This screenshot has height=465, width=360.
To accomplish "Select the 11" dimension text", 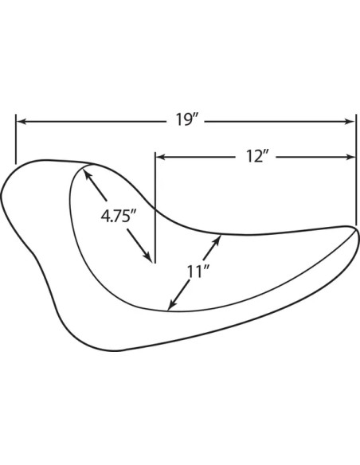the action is tap(198, 271).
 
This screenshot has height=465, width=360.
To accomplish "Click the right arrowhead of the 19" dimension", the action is tap(350, 121).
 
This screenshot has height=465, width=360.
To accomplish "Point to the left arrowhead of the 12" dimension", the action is tap(161, 157).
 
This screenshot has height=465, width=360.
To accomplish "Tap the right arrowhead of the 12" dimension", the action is tap(350, 157).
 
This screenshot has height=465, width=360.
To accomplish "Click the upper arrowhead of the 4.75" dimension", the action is tap(88, 174).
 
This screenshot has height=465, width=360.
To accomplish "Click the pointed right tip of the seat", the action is tap(356, 231).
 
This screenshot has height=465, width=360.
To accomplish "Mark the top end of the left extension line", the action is tap(16, 115).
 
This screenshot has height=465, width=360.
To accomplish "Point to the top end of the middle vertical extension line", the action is tap(155, 152).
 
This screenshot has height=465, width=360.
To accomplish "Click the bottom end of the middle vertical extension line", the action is tap(155, 263).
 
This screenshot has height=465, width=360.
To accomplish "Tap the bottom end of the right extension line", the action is tap(356, 225).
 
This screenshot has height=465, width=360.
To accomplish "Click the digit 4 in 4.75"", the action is tap(104, 216).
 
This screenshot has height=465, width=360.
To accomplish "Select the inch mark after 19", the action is tap(194, 116).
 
